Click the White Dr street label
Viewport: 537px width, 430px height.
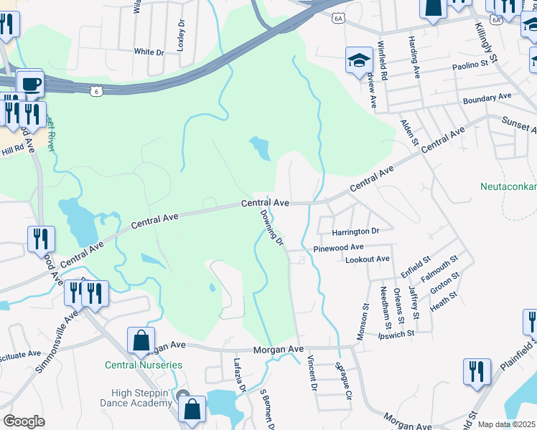point(149,52)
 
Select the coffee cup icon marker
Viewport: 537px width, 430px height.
point(29,84)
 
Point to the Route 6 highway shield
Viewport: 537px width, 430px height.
point(96,91)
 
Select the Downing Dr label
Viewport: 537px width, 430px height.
point(272,228)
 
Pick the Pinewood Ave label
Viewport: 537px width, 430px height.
point(338,247)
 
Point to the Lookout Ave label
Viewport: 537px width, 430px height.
point(367,259)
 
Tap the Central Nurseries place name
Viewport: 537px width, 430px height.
point(143,365)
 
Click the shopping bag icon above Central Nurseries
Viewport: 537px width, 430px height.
point(141,340)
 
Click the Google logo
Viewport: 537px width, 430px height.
point(24,421)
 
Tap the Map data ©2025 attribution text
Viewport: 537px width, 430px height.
point(505,424)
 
